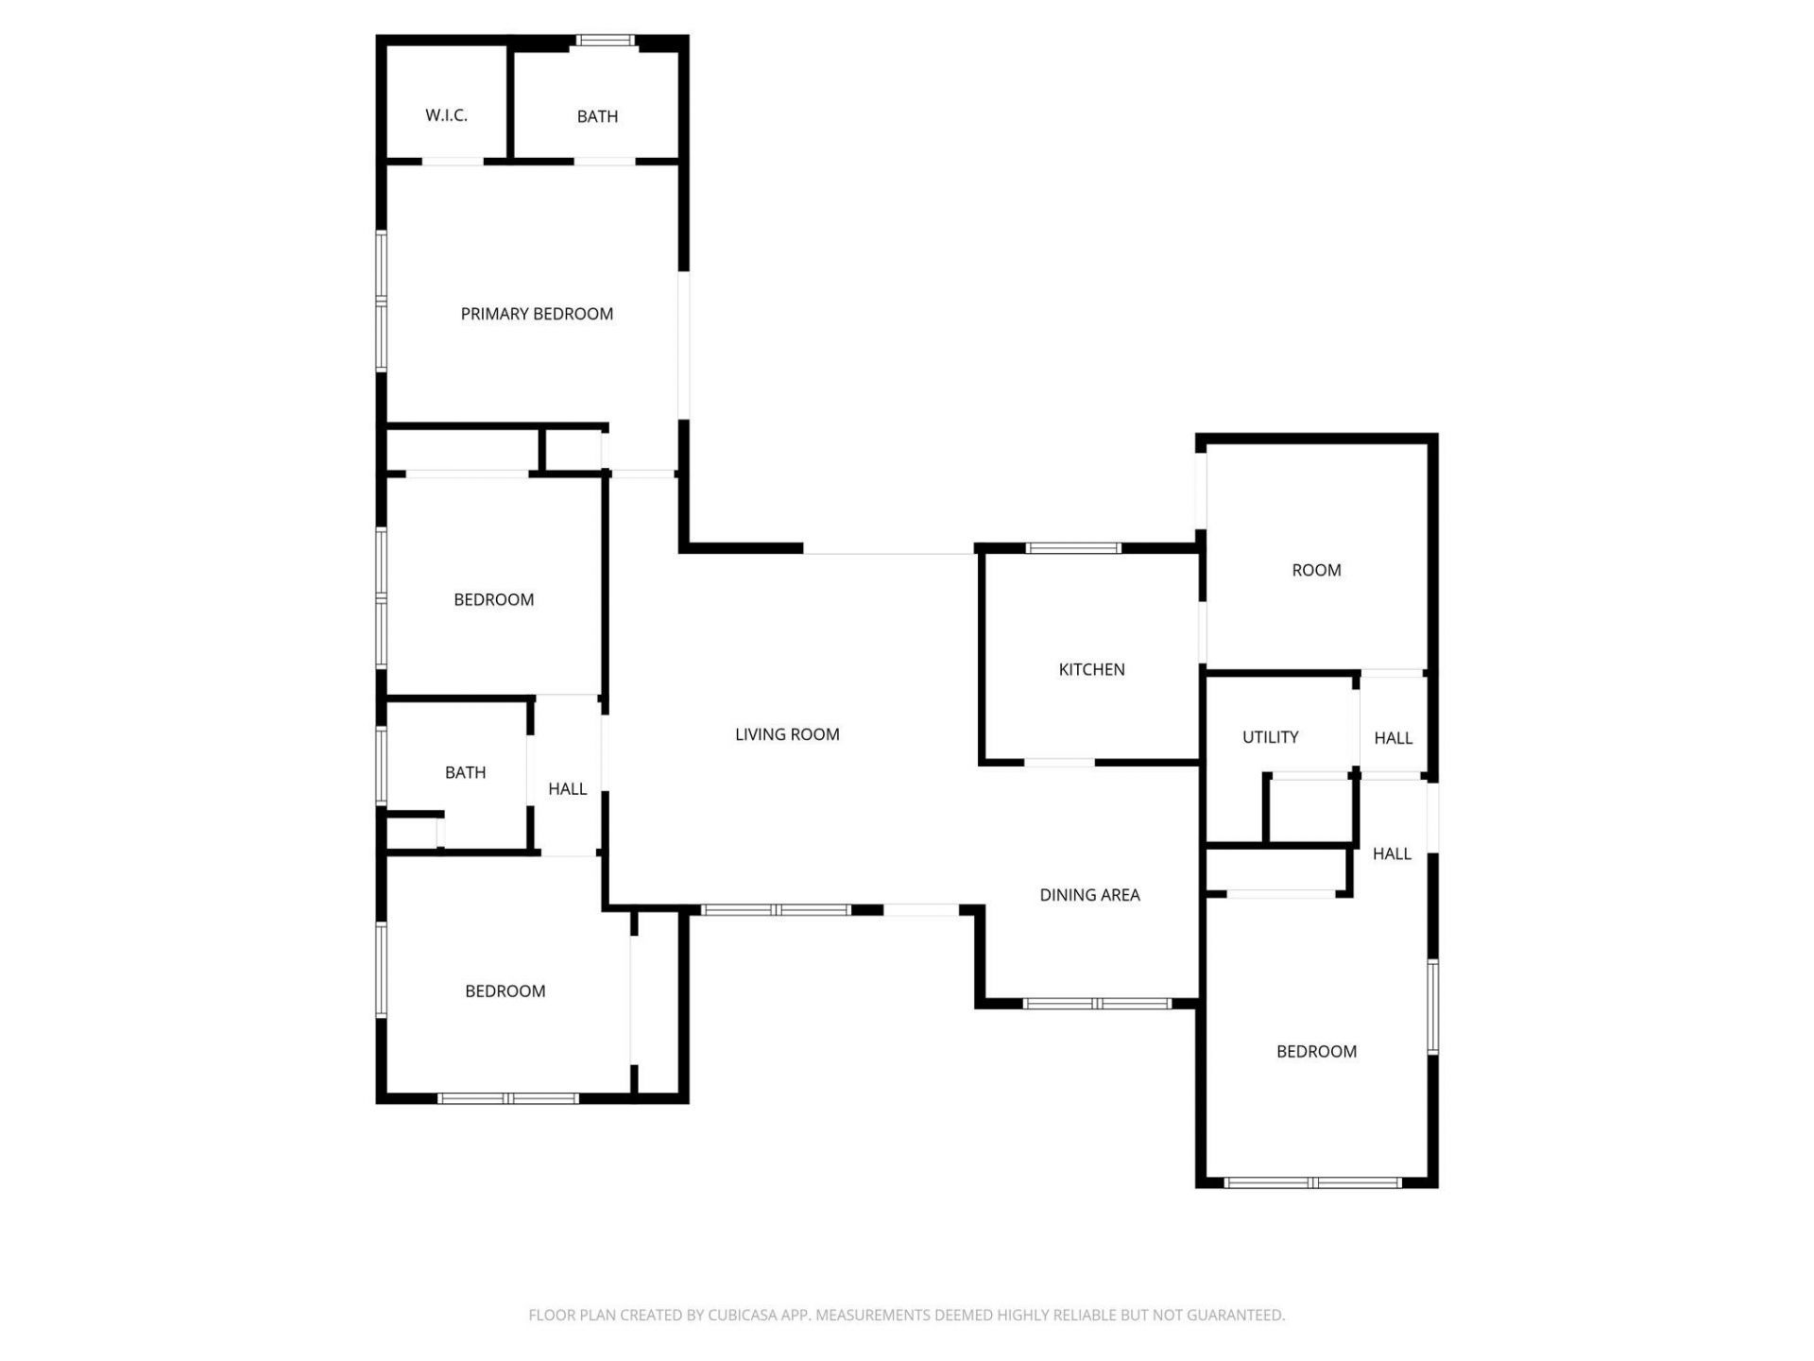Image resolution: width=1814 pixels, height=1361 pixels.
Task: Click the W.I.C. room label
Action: [446, 115]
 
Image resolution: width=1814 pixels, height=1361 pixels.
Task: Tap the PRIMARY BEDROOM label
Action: [537, 314]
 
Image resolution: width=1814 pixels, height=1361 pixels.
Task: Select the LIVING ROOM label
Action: [787, 734]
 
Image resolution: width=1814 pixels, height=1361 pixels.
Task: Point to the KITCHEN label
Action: [1091, 669]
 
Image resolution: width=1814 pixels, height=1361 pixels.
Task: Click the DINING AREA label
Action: [1089, 895]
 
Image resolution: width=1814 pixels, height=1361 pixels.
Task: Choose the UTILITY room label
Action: [1270, 737]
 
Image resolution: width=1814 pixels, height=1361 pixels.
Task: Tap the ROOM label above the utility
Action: [1316, 570]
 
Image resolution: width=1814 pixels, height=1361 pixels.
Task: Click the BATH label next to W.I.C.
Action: [597, 116]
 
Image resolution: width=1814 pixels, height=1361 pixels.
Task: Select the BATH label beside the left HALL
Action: [465, 772]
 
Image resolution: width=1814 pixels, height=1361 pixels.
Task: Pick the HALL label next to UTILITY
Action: [1393, 738]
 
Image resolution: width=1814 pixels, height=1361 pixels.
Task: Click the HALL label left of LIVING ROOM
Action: [567, 788]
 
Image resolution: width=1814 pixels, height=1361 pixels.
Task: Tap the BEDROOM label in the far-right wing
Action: [1316, 1051]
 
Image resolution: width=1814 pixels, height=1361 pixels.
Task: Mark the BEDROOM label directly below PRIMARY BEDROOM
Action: [493, 599]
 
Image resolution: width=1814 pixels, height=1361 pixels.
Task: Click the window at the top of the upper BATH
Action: [606, 41]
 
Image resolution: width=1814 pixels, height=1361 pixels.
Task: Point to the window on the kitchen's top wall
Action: [1073, 548]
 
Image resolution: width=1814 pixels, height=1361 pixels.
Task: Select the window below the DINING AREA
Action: [1097, 1004]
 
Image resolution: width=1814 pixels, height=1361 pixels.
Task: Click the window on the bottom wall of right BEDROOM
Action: [1313, 1182]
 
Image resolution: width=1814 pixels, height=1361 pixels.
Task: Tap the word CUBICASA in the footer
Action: [742, 1315]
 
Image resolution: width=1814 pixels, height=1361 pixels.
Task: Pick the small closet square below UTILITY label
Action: [1309, 809]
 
